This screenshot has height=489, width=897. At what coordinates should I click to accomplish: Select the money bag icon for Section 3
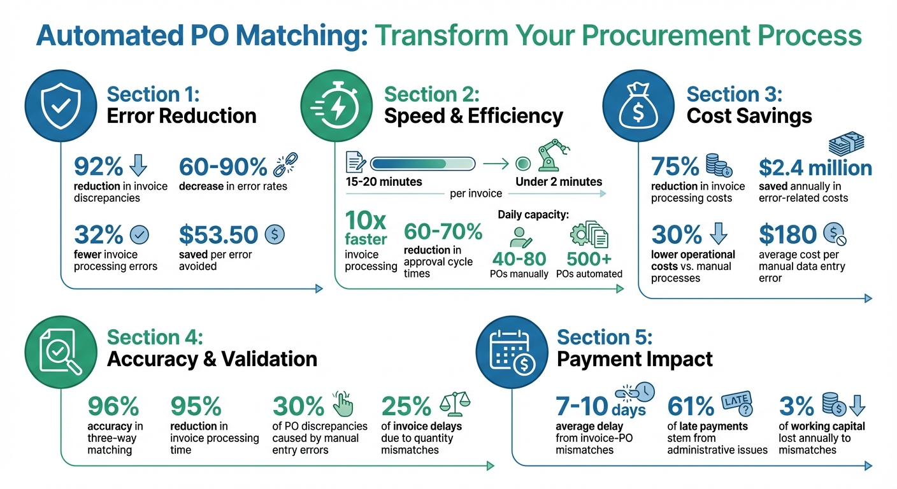[638, 105]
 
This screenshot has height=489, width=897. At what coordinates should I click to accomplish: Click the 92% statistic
[99, 167]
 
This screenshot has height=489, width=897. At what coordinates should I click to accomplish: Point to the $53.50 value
[219, 234]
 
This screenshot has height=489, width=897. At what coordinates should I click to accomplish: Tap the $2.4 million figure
[815, 168]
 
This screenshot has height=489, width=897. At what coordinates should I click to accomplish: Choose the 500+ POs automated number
[588, 259]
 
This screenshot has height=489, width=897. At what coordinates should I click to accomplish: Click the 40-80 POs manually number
[519, 259]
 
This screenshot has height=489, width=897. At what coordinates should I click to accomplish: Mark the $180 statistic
[788, 235]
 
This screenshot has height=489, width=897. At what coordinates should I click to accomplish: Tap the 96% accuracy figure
[113, 406]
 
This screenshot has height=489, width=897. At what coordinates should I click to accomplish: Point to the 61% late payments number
[691, 406]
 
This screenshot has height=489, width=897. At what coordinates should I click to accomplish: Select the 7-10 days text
[583, 406]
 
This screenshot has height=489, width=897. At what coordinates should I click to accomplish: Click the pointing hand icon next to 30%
[343, 404]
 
